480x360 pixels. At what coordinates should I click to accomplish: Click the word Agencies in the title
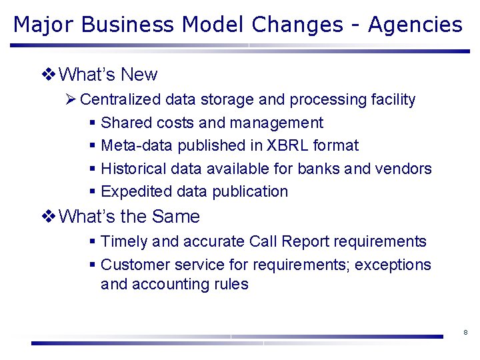[415, 25]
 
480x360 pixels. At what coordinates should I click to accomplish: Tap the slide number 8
[465, 332]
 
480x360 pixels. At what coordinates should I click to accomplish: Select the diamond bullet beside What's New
[48, 75]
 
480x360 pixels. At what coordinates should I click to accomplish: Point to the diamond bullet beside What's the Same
[48, 217]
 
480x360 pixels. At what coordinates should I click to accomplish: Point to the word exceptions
[393, 265]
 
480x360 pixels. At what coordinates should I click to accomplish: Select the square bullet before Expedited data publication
[92, 192]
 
